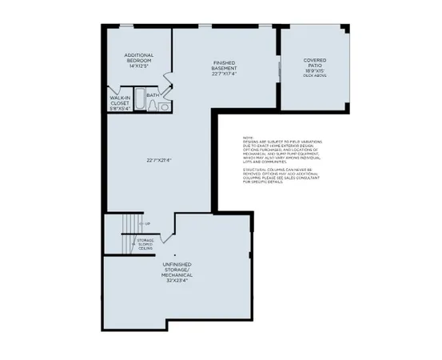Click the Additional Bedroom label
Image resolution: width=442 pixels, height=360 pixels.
click(137, 58)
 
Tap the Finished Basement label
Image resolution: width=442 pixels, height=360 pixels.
click(223, 66)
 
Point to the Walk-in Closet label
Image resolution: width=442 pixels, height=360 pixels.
click(119, 100)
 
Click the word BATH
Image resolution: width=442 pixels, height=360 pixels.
click(152, 95)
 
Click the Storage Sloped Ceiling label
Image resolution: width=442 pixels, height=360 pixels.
click(145, 243)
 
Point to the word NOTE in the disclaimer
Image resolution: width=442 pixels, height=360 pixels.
click(249, 138)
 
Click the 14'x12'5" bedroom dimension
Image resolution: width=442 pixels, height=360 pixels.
click(137, 65)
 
